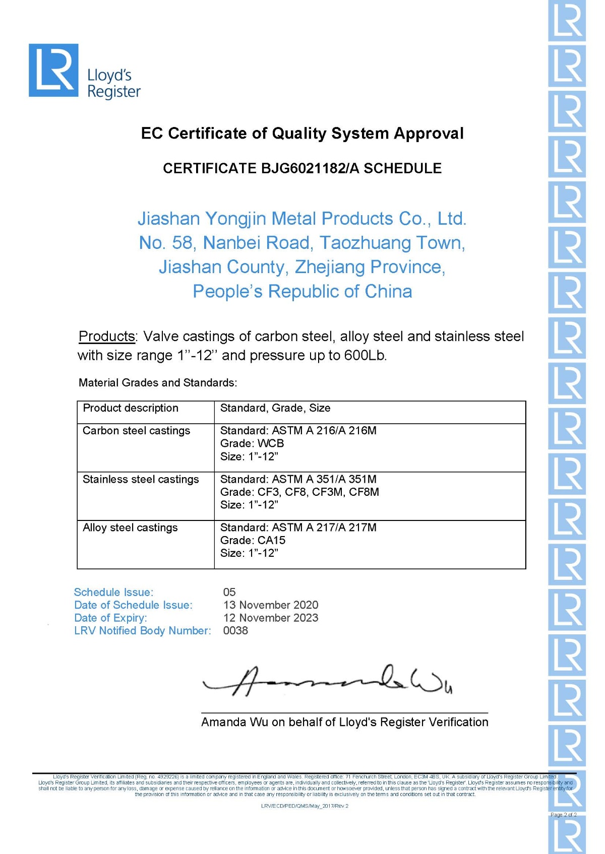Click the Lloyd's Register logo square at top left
click(53, 70)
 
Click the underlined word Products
click(107, 336)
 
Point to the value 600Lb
click(365, 356)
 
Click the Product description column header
click(131, 408)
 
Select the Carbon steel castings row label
click(136, 431)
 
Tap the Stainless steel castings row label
click(141, 479)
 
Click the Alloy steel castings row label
click(130, 528)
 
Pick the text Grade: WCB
click(252, 443)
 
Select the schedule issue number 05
click(229, 592)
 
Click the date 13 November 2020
click(271, 605)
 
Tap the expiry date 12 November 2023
click(271, 618)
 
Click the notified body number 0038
click(235, 630)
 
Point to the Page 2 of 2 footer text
click(563, 815)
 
